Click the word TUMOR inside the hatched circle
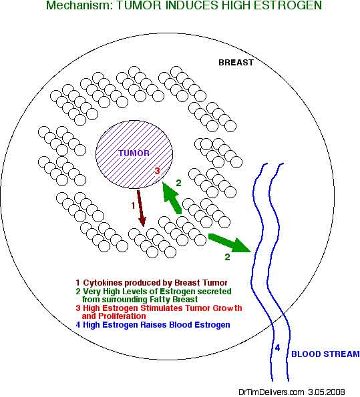tap(134, 153)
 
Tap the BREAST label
tap(236, 63)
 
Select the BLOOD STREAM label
tap(325, 354)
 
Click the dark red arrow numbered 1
tap(141, 208)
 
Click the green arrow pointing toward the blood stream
tap(230, 244)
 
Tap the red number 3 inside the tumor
tap(158, 171)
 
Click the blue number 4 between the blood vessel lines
tap(277, 348)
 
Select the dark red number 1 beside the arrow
tap(133, 206)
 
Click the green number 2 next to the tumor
tap(179, 183)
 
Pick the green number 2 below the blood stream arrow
tap(227, 257)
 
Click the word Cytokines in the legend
tap(103, 283)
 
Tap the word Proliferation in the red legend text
tap(122, 316)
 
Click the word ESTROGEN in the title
tap(288, 5)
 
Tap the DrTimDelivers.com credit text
tap(271, 392)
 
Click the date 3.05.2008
tap(327, 392)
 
